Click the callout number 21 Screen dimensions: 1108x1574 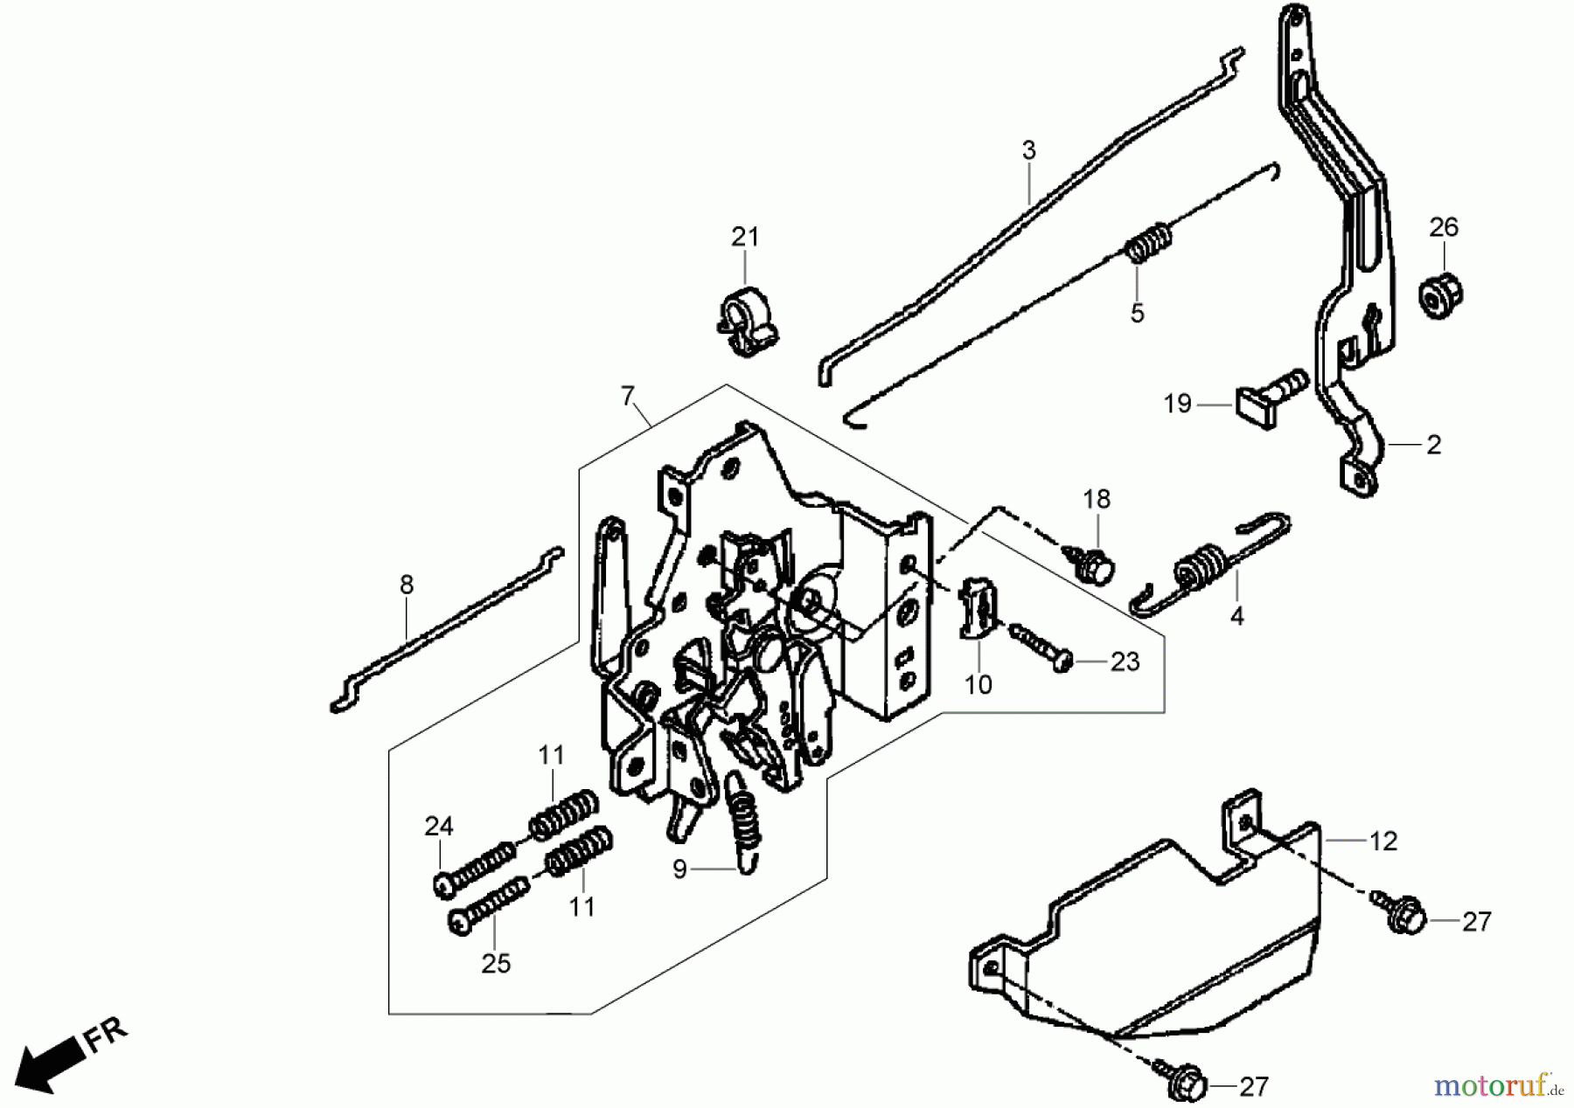pyautogui.click(x=745, y=237)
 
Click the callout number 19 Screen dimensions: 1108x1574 pyautogui.click(x=1177, y=404)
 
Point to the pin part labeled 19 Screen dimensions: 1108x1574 pyautogui.click(x=1272, y=394)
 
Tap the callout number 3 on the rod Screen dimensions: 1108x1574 pyautogui.click(x=1028, y=151)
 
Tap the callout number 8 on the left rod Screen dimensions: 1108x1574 pyautogui.click(x=406, y=585)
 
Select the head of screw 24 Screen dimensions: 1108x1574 pyautogui.click(x=445, y=884)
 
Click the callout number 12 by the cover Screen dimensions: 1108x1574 pyautogui.click(x=1382, y=841)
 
